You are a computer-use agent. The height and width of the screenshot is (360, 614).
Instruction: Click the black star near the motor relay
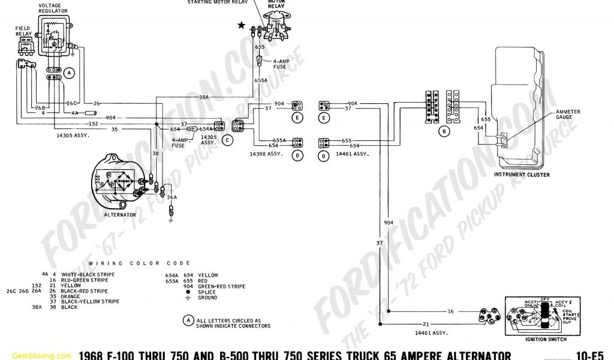pyautogui.click(x=242, y=25)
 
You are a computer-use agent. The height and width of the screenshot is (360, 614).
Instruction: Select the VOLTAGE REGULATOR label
pyautogui.click(x=54, y=9)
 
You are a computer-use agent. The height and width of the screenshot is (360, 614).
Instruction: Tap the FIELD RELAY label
pyautogui.click(x=24, y=31)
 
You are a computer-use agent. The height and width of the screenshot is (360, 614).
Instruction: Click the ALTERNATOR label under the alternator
pyautogui.click(x=120, y=214)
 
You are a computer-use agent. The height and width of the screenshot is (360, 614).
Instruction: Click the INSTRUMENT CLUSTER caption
pyautogui.click(x=521, y=175)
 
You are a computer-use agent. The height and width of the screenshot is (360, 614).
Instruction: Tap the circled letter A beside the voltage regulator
pyautogui.click(x=70, y=73)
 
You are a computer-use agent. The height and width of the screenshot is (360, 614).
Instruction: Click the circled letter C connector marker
pyautogui.click(x=227, y=140)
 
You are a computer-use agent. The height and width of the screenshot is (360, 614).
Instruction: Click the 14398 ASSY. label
pyautogui.click(x=266, y=154)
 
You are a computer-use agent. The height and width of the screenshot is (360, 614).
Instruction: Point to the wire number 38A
pyautogui.click(x=204, y=97)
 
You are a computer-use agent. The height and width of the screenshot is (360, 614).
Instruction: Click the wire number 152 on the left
pyautogui.click(x=94, y=124)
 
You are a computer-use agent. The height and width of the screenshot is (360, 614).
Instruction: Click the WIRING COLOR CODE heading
pyautogui.click(x=139, y=263)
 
